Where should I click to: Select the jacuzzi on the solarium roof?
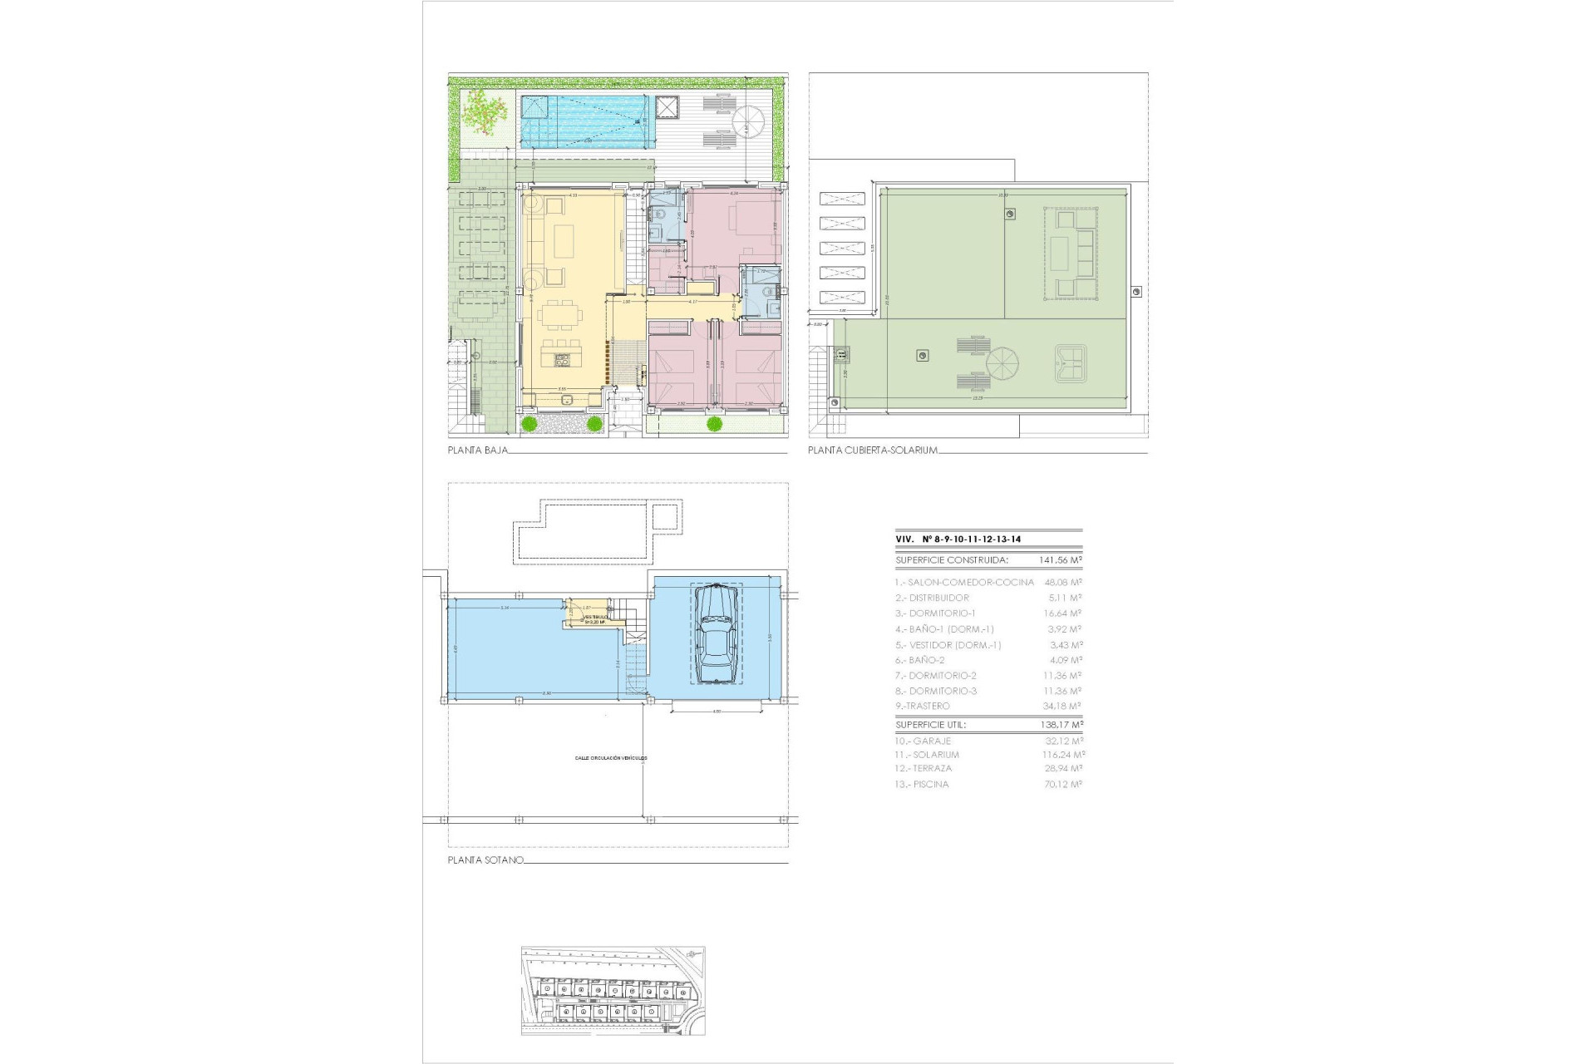click(1071, 364)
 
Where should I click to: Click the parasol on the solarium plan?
click(1001, 363)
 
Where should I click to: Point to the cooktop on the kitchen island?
click(562, 360)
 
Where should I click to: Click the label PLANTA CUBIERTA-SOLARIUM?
click(873, 451)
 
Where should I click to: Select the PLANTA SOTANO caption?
click(485, 860)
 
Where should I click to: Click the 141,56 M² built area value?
click(1060, 560)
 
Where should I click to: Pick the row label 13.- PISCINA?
click(921, 784)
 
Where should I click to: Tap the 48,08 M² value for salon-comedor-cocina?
click(1062, 582)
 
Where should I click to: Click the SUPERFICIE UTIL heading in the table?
click(930, 725)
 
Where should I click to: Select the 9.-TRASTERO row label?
click(922, 706)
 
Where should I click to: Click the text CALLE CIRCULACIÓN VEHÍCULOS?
click(611, 758)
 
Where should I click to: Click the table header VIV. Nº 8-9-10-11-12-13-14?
click(958, 539)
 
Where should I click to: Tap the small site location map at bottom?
click(613, 990)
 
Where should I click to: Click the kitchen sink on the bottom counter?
click(569, 399)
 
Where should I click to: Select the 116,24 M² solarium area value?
click(1063, 755)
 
